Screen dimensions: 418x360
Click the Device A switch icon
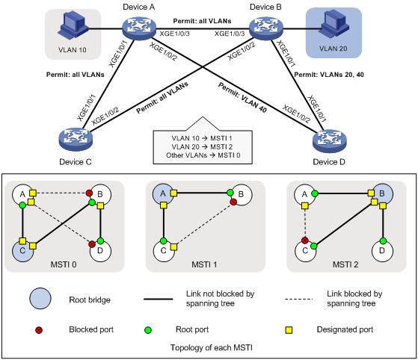point(139,28)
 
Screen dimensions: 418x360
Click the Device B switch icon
point(265,28)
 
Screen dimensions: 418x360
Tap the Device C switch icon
point(76,140)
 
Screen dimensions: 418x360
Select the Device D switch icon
point(330,141)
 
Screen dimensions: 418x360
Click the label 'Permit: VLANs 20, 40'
point(329,75)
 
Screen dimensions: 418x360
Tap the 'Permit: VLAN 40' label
point(242,97)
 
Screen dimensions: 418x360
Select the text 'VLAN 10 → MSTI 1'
point(202,138)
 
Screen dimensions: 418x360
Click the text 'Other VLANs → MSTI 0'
point(203,155)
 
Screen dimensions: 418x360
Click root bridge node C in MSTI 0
point(22,250)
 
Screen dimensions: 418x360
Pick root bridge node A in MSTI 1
point(163,194)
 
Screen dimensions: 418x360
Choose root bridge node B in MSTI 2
point(382,194)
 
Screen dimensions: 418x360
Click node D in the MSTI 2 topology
point(382,251)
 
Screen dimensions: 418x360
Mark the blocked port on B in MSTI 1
point(233,202)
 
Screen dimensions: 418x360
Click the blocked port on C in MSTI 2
point(305,240)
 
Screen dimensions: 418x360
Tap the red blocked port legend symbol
point(39,330)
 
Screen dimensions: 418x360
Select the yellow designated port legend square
point(289,330)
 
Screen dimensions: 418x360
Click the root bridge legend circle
point(40,299)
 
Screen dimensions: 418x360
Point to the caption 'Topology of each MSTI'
point(212,348)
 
